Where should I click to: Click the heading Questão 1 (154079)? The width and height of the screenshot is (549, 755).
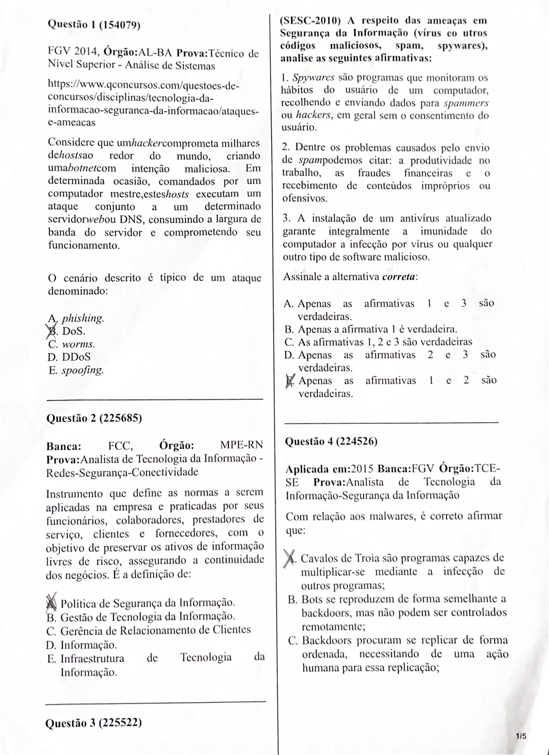click(94, 25)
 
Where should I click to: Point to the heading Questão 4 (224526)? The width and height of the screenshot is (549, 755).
click(331, 441)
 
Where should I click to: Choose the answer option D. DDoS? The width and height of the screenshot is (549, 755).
click(69, 357)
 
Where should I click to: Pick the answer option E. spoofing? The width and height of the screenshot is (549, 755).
click(76, 370)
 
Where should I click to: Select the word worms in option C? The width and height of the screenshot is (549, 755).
click(79, 344)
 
